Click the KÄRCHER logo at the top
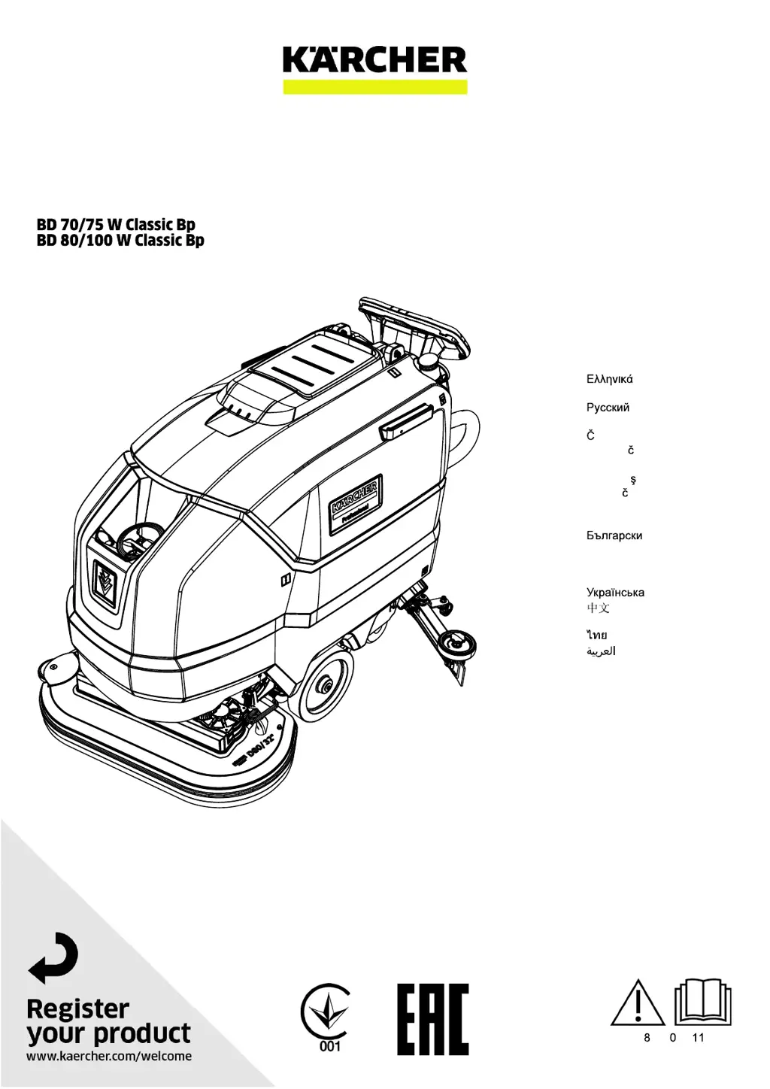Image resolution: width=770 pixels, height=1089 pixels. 374,60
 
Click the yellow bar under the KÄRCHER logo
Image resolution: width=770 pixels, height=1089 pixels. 374,87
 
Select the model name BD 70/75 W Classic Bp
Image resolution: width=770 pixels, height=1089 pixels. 116,225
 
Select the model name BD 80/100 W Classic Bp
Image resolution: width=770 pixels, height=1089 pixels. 120,241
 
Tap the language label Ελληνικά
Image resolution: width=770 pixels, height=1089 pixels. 609,379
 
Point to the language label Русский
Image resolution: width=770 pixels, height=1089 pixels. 608,408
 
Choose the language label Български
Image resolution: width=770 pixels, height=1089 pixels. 614,536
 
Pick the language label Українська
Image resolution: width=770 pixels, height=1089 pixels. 615,593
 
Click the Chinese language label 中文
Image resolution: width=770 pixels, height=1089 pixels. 599,607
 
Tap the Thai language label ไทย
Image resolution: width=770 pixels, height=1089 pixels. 597,636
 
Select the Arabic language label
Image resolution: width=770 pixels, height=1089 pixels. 601,651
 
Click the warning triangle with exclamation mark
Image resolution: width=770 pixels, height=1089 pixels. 638,1003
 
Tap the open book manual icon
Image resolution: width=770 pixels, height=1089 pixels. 702,1002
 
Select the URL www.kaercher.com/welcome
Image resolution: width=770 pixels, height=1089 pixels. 109,1056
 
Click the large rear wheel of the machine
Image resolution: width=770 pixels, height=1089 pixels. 326,684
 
